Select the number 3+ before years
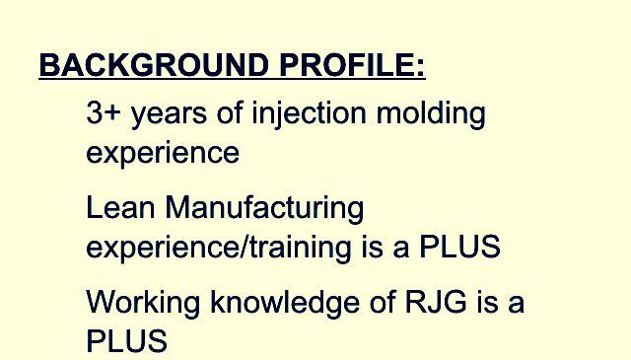104,113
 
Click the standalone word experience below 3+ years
163,155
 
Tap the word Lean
121,208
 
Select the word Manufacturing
265,208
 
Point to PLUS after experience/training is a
459,247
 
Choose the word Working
144,302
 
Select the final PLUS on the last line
126,341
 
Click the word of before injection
230,113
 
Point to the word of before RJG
384,301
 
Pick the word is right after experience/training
373,247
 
